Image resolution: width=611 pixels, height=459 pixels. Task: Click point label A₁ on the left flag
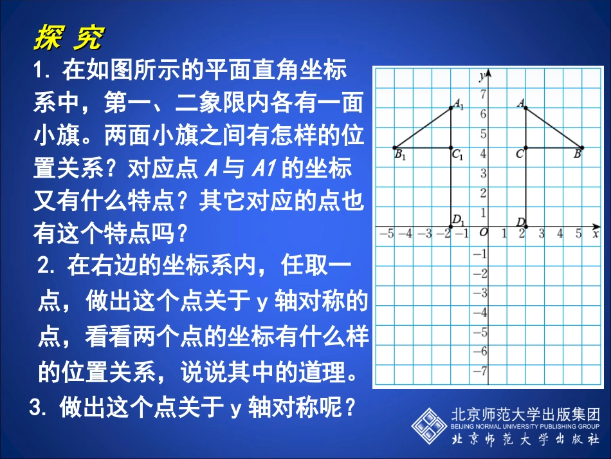(x=459, y=103)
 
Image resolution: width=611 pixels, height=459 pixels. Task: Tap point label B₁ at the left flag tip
(x=399, y=155)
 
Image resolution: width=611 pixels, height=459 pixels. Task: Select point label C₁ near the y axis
(x=457, y=155)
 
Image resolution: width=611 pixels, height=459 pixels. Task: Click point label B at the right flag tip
(x=577, y=154)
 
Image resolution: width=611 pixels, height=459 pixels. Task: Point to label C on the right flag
(x=519, y=154)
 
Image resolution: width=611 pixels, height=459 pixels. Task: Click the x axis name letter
(x=596, y=234)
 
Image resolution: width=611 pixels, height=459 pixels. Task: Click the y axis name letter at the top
(x=482, y=76)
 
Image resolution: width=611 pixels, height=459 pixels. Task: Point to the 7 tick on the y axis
(x=483, y=95)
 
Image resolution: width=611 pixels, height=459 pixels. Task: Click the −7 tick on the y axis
(x=480, y=371)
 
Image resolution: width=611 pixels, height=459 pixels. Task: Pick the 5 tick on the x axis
(x=579, y=233)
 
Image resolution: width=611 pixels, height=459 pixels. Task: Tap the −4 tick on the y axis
(x=480, y=312)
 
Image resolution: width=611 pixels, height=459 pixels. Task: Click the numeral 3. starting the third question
(x=39, y=406)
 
